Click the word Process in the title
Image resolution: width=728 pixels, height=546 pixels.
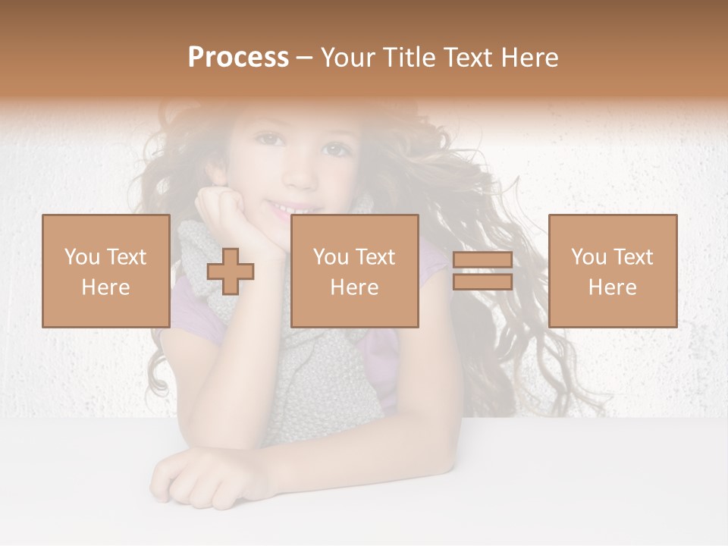[x=238, y=58]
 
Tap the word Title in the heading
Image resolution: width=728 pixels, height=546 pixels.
[x=408, y=58]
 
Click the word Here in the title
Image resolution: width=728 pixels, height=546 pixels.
[x=527, y=58]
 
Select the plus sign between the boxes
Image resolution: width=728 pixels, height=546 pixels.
[x=231, y=271]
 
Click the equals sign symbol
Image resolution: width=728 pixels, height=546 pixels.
[x=482, y=271]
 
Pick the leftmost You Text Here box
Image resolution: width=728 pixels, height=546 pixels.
[x=105, y=271]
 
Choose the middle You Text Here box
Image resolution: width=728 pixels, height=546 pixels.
[x=354, y=271]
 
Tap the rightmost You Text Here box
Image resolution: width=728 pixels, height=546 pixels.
[x=613, y=271]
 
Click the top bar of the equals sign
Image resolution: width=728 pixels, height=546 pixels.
[x=482, y=260]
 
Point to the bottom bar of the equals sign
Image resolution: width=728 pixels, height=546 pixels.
[x=482, y=281]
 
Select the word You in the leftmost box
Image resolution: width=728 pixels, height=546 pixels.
[x=81, y=257]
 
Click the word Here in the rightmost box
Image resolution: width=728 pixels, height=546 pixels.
[x=613, y=287]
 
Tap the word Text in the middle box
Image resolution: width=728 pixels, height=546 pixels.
[x=375, y=257]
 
